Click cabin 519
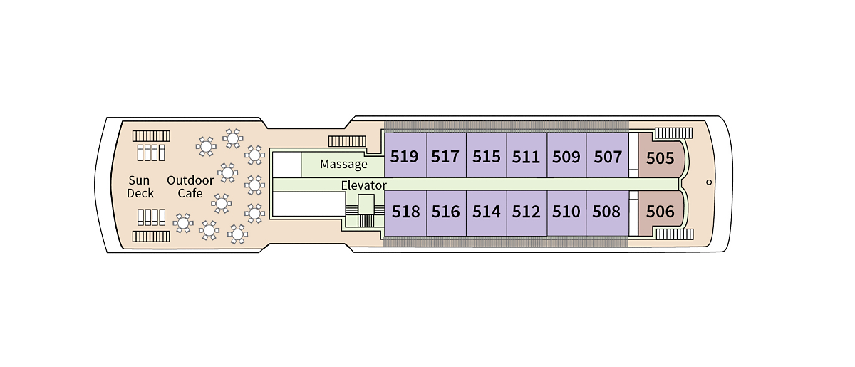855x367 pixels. (x=405, y=156)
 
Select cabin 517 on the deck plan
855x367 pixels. (x=445, y=156)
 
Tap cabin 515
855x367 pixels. (x=486, y=156)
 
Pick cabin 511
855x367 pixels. (x=526, y=156)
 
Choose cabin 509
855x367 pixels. (x=566, y=156)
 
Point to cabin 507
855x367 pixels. (x=608, y=156)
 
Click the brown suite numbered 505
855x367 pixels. (x=660, y=157)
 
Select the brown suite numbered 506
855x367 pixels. (x=660, y=211)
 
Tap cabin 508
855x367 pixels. (x=606, y=212)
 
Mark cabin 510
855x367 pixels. (x=566, y=212)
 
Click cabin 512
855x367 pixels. (x=527, y=212)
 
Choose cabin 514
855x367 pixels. (x=487, y=212)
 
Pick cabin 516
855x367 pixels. (x=446, y=212)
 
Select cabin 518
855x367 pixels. (x=405, y=212)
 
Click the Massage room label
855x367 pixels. (x=343, y=165)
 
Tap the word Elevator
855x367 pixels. (x=363, y=185)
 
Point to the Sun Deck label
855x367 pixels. (x=140, y=187)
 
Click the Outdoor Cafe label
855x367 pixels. (x=190, y=187)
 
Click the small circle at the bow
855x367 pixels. (x=709, y=182)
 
